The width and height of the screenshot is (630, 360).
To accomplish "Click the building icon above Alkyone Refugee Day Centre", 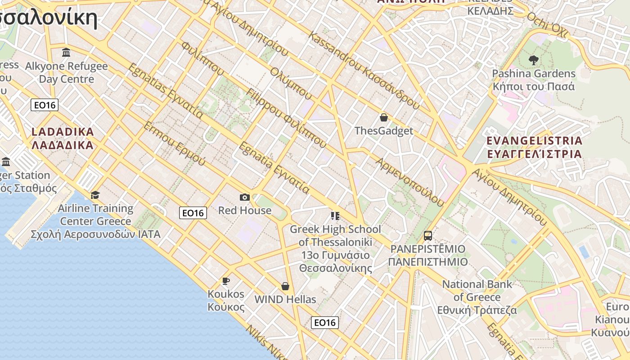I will pos(66,53).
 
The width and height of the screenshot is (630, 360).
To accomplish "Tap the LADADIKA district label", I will pos(63,139).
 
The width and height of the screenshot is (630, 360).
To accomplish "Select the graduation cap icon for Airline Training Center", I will pos(95,195).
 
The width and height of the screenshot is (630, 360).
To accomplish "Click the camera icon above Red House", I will pos(245,197).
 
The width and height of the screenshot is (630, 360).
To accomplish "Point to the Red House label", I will pos(245,210).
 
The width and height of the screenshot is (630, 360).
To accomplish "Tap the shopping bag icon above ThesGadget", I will pos(384,117).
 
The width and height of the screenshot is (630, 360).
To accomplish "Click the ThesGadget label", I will pos(384,131).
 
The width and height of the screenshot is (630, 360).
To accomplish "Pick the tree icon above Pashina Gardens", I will pos(534,59).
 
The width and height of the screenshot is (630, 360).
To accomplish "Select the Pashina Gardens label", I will pos(534,80).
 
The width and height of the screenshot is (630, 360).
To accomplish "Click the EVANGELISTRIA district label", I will pos(535,147).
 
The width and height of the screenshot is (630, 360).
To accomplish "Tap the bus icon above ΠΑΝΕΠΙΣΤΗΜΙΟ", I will pos(428,235).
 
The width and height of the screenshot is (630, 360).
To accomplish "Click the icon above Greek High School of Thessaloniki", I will pos(335,216).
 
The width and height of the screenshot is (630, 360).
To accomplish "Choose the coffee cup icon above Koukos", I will pos(226,281).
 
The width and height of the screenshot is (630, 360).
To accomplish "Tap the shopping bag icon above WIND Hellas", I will pos(285,286).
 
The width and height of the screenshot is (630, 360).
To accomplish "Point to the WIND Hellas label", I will pos(285,299).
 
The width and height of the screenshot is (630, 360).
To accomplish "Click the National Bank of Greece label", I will pos(477,297).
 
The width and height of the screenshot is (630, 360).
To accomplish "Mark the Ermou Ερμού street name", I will pos(175,143).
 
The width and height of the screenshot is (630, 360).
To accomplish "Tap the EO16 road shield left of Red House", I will pos(193,213).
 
